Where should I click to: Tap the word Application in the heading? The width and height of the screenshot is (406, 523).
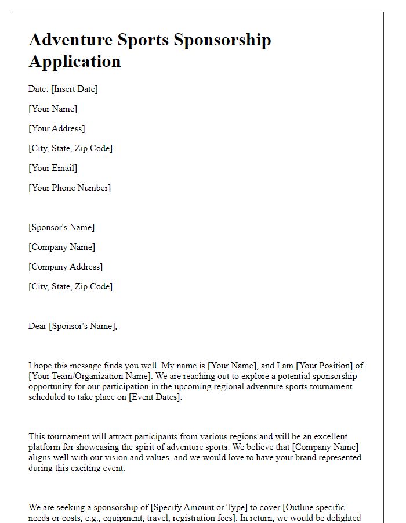point(75,61)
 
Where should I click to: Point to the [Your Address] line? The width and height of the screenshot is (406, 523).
point(57,128)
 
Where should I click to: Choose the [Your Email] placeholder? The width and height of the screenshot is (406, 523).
point(53,168)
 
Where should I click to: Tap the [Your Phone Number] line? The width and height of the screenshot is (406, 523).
point(70,188)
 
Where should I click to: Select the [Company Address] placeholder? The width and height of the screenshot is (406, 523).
point(66,267)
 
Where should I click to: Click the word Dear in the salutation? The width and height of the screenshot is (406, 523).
point(38,326)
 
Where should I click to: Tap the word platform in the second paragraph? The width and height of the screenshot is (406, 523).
point(45,447)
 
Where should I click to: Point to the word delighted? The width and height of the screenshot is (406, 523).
point(343,518)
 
